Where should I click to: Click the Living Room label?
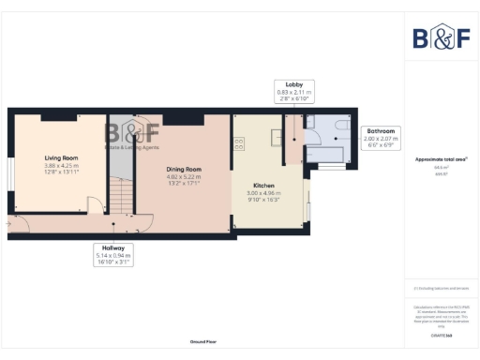pyautogui.click(x=58, y=158)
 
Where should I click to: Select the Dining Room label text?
pyautogui.click(x=184, y=169)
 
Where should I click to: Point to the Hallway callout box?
pyautogui.click(x=113, y=253)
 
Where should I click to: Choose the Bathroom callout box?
pyautogui.click(x=381, y=139)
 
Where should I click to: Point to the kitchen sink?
pyautogui.click(x=275, y=138)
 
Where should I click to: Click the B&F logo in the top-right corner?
pyautogui.click(x=442, y=37)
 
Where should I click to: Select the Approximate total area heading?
pyautogui.click(x=442, y=160)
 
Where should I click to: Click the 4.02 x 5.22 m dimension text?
pyautogui.click(x=184, y=176)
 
